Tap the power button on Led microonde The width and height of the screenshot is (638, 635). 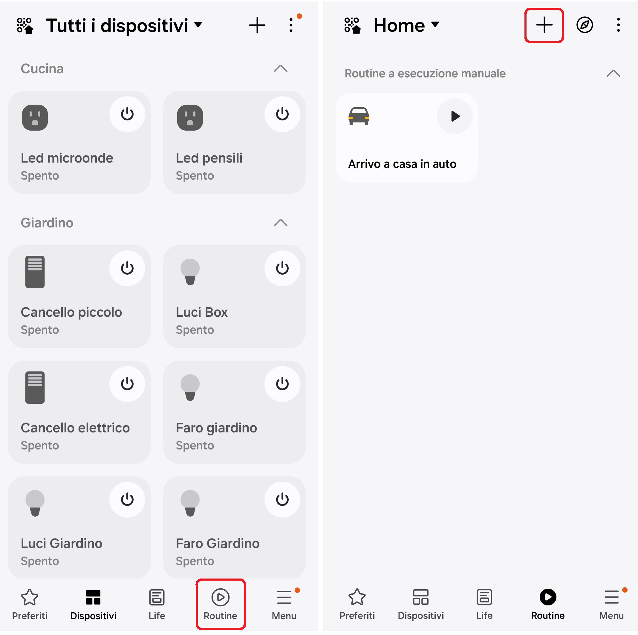click(x=127, y=114)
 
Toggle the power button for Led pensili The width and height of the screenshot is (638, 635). click(x=282, y=114)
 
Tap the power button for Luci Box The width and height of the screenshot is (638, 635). click(x=282, y=268)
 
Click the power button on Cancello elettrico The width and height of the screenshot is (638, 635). click(x=127, y=384)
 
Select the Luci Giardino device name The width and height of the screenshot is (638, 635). click(x=62, y=543)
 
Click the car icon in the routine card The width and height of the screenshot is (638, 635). click(x=359, y=116)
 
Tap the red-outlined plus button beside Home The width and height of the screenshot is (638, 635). click(x=544, y=25)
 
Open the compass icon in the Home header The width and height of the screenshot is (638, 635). click(x=585, y=25)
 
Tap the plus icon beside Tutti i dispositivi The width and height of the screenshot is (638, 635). click(x=257, y=25)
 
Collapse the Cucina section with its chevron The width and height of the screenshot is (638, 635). click(x=280, y=69)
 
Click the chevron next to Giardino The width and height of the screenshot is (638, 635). click(x=280, y=223)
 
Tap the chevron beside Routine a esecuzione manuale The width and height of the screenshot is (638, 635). click(x=613, y=73)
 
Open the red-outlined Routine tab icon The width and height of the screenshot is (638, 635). click(x=220, y=597)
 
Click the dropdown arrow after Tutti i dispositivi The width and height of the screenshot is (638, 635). click(x=198, y=25)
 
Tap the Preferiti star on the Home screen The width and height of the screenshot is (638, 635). click(x=357, y=597)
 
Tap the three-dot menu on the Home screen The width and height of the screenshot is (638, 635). click(x=618, y=25)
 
